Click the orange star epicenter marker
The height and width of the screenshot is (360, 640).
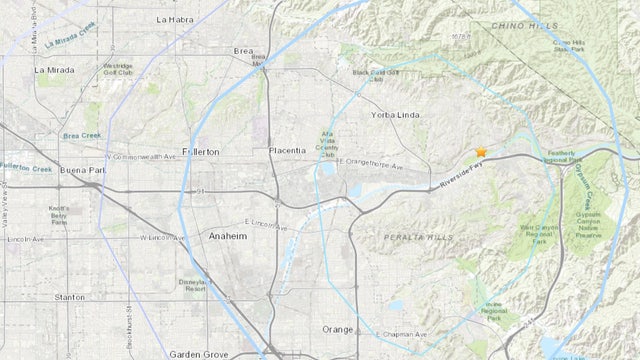[481, 152]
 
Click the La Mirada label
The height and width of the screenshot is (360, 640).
[55, 70]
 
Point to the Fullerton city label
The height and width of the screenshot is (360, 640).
[199, 151]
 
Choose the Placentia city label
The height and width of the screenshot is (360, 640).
[287, 150]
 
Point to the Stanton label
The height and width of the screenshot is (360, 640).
[69, 297]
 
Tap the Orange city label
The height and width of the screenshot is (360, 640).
[337, 329]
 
